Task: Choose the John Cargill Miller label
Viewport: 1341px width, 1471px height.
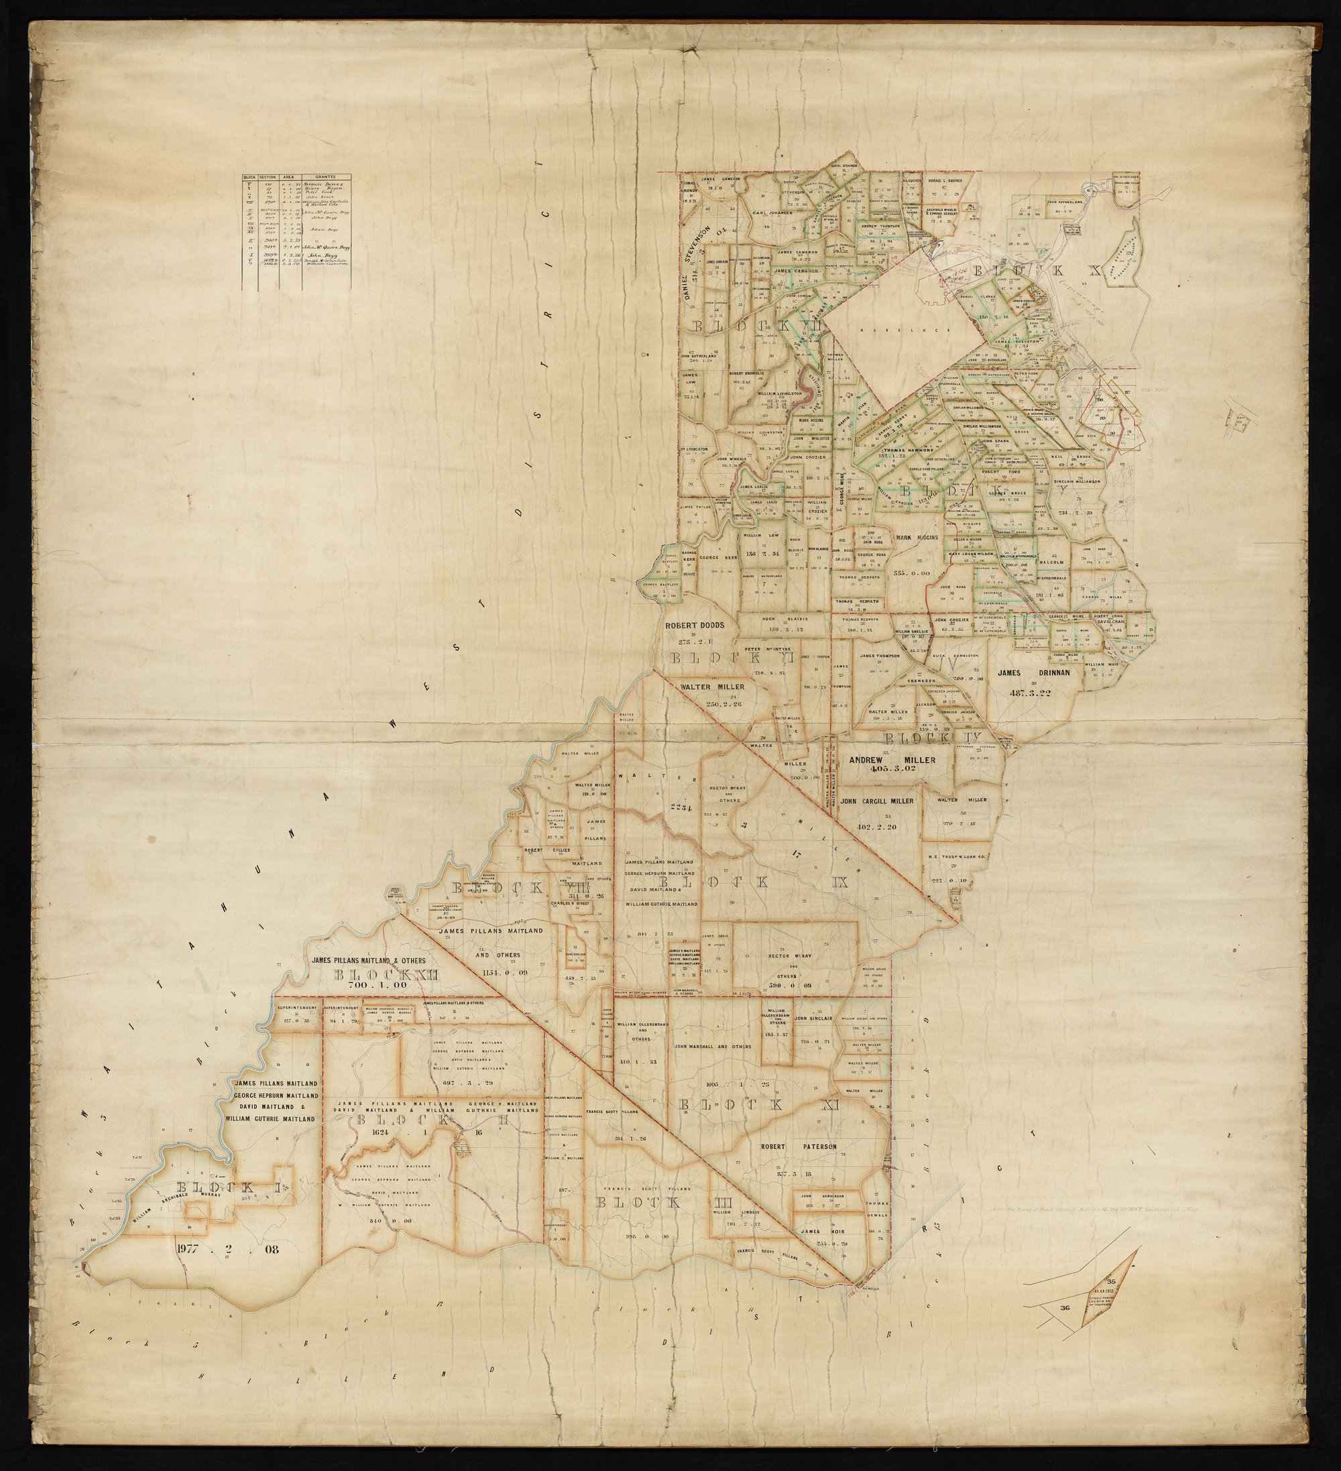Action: (877, 801)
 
